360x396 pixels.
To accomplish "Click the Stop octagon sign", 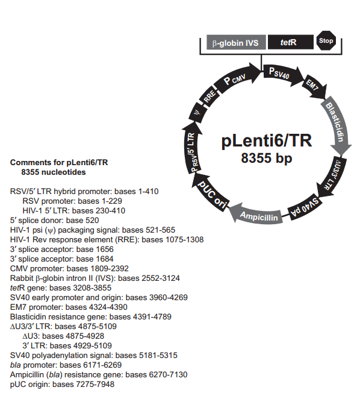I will click(x=325, y=42).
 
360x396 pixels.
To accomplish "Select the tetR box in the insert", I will click(x=290, y=43).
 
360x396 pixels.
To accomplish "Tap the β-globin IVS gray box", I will click(x=235, y=43).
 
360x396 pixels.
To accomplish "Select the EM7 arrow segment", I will click(x=313, y=86).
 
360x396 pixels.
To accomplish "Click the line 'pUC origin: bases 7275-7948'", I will click(x=62, y=384).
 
